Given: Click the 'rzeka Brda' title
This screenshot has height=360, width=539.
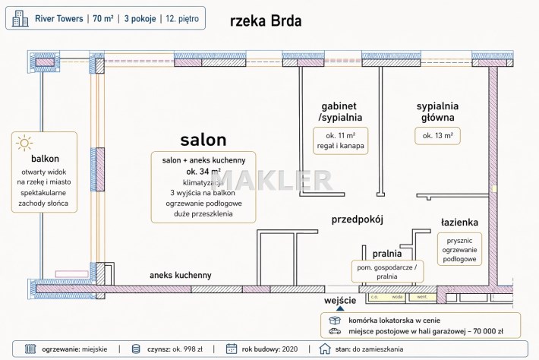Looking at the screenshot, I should [x=265, y=21].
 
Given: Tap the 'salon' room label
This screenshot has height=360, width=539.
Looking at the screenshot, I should [x=203, y=140].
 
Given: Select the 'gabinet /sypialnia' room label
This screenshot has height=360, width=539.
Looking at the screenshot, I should [x=339, y=112].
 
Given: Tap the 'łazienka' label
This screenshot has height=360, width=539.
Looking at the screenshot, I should [x=459, y=223].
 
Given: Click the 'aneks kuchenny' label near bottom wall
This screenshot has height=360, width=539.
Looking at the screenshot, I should [x=181, y=275].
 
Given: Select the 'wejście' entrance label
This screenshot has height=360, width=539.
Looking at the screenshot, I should [x=340, y=302].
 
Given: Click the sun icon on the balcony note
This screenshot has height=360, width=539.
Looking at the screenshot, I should [x=25, y=142].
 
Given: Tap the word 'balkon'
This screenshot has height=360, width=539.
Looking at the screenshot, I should [x=46, y=159].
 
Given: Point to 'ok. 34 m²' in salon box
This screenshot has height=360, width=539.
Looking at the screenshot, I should [x=203, y=172].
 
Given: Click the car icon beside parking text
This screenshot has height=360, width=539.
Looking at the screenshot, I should [x=333, y=332].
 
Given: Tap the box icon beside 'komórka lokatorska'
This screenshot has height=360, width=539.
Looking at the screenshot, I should [x=333, y=321].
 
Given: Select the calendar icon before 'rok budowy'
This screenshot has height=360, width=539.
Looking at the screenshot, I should [x=232, y=349].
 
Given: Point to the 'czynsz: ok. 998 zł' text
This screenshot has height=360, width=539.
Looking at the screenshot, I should [x=174, y=349].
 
